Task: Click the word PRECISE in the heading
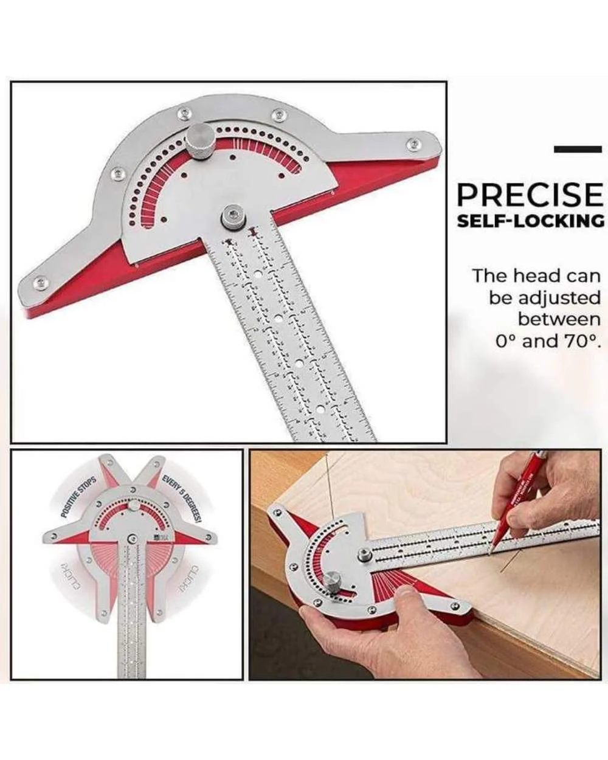coord(530,195)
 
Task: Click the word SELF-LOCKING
coord(530,221)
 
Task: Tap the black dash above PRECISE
coord(578,149)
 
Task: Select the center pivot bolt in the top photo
coord(232,216)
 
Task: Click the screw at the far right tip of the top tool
coord(414,144)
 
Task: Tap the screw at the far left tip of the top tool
coord(41,282)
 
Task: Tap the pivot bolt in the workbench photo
coord(364,553)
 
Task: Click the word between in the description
coord(559,319)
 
